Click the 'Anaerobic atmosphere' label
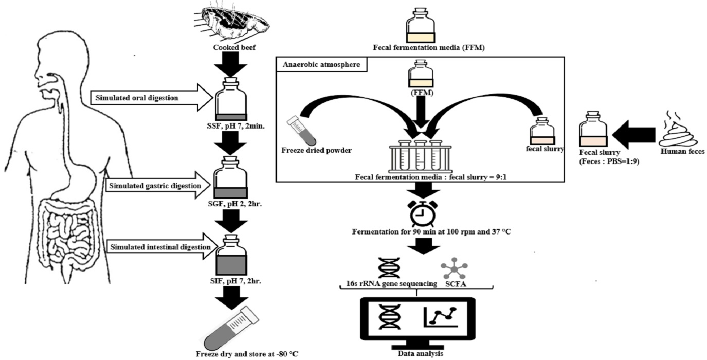[x=311, y=65]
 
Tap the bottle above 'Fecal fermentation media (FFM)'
[x=421, y=25]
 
